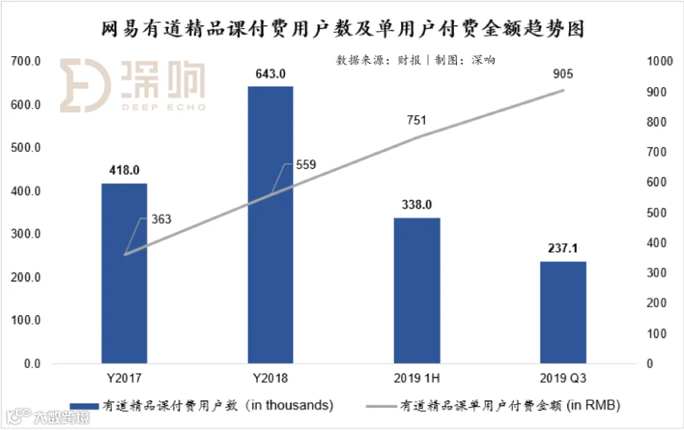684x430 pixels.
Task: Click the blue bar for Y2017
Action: point(124,273)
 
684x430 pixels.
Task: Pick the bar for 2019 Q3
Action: point(563,312)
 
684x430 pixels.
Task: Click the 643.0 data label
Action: point(271,74)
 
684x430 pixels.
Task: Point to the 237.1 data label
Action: point(563,248)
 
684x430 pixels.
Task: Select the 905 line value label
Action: point(563,74)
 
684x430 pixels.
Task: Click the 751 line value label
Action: point(416,120)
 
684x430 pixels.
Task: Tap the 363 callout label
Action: point(161,220)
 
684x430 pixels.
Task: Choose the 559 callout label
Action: point(306,164)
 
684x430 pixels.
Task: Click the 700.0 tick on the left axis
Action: point(26,62)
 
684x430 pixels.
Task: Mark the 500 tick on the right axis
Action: point(654,213)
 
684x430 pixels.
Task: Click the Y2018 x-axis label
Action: point(271,378)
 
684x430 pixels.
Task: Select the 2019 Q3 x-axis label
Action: point(563,378)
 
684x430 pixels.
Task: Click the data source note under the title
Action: point(416,59)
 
